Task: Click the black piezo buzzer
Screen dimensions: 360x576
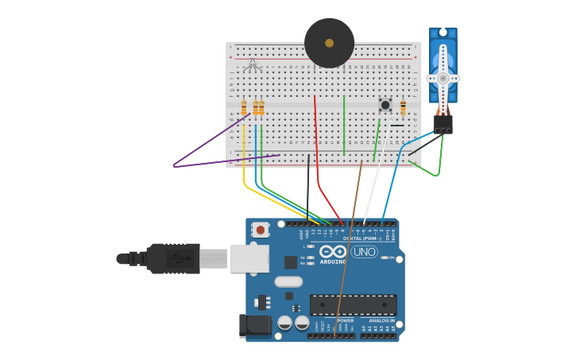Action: pyautogui.click(x=329, y=43)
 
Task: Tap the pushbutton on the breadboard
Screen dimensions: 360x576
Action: pyautogui.click(x=385, y=105)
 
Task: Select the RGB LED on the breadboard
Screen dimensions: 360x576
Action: pyautogui.click(x=253, y=65)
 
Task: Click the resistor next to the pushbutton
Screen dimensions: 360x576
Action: pyautogui.click(x=403, y=107)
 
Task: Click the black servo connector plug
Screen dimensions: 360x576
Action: pyautogui.click(x=443, y=124)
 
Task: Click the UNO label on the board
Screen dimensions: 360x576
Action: pyautogui.click(x=365, y=252)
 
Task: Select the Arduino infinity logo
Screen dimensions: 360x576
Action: pyautogui.click(x=333, y=252)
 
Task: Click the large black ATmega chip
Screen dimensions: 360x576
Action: pyautogui.click(x=353, y=304)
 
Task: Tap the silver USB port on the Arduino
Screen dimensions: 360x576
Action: pyautogui.click(x=249, y=258)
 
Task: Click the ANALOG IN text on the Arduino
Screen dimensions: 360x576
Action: pyautogui.click(x=381, y=320)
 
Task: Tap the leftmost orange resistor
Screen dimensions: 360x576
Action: pyautogui.click(x=244, y=108)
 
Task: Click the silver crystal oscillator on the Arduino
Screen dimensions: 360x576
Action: pyautogui.click(x=288, y=281)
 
